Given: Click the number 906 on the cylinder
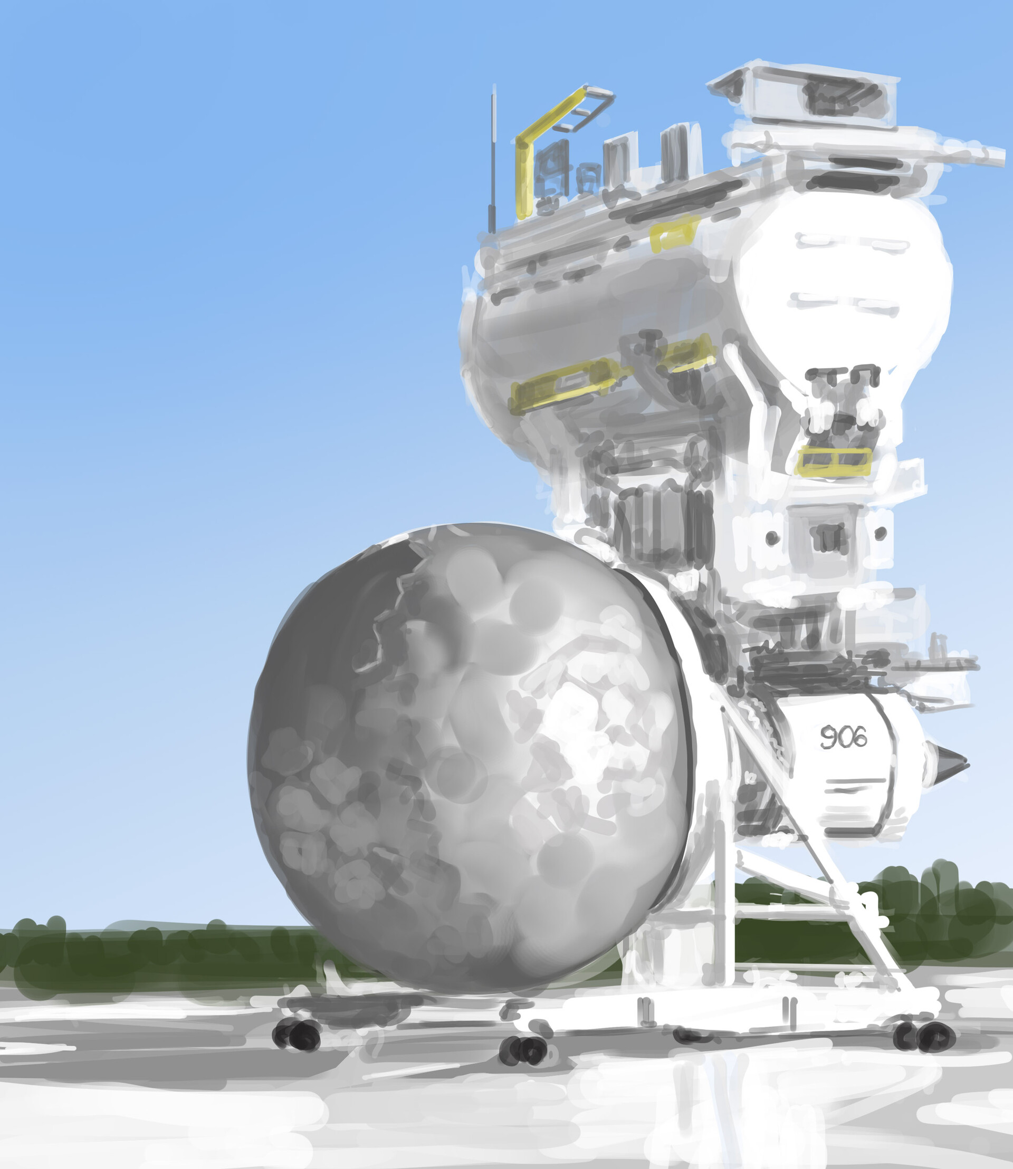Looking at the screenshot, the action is click(x=844, y=737).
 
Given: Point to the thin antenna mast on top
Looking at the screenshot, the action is click(x=493, y=159).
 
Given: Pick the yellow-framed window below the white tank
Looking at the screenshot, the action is click(x=833, y=460).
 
